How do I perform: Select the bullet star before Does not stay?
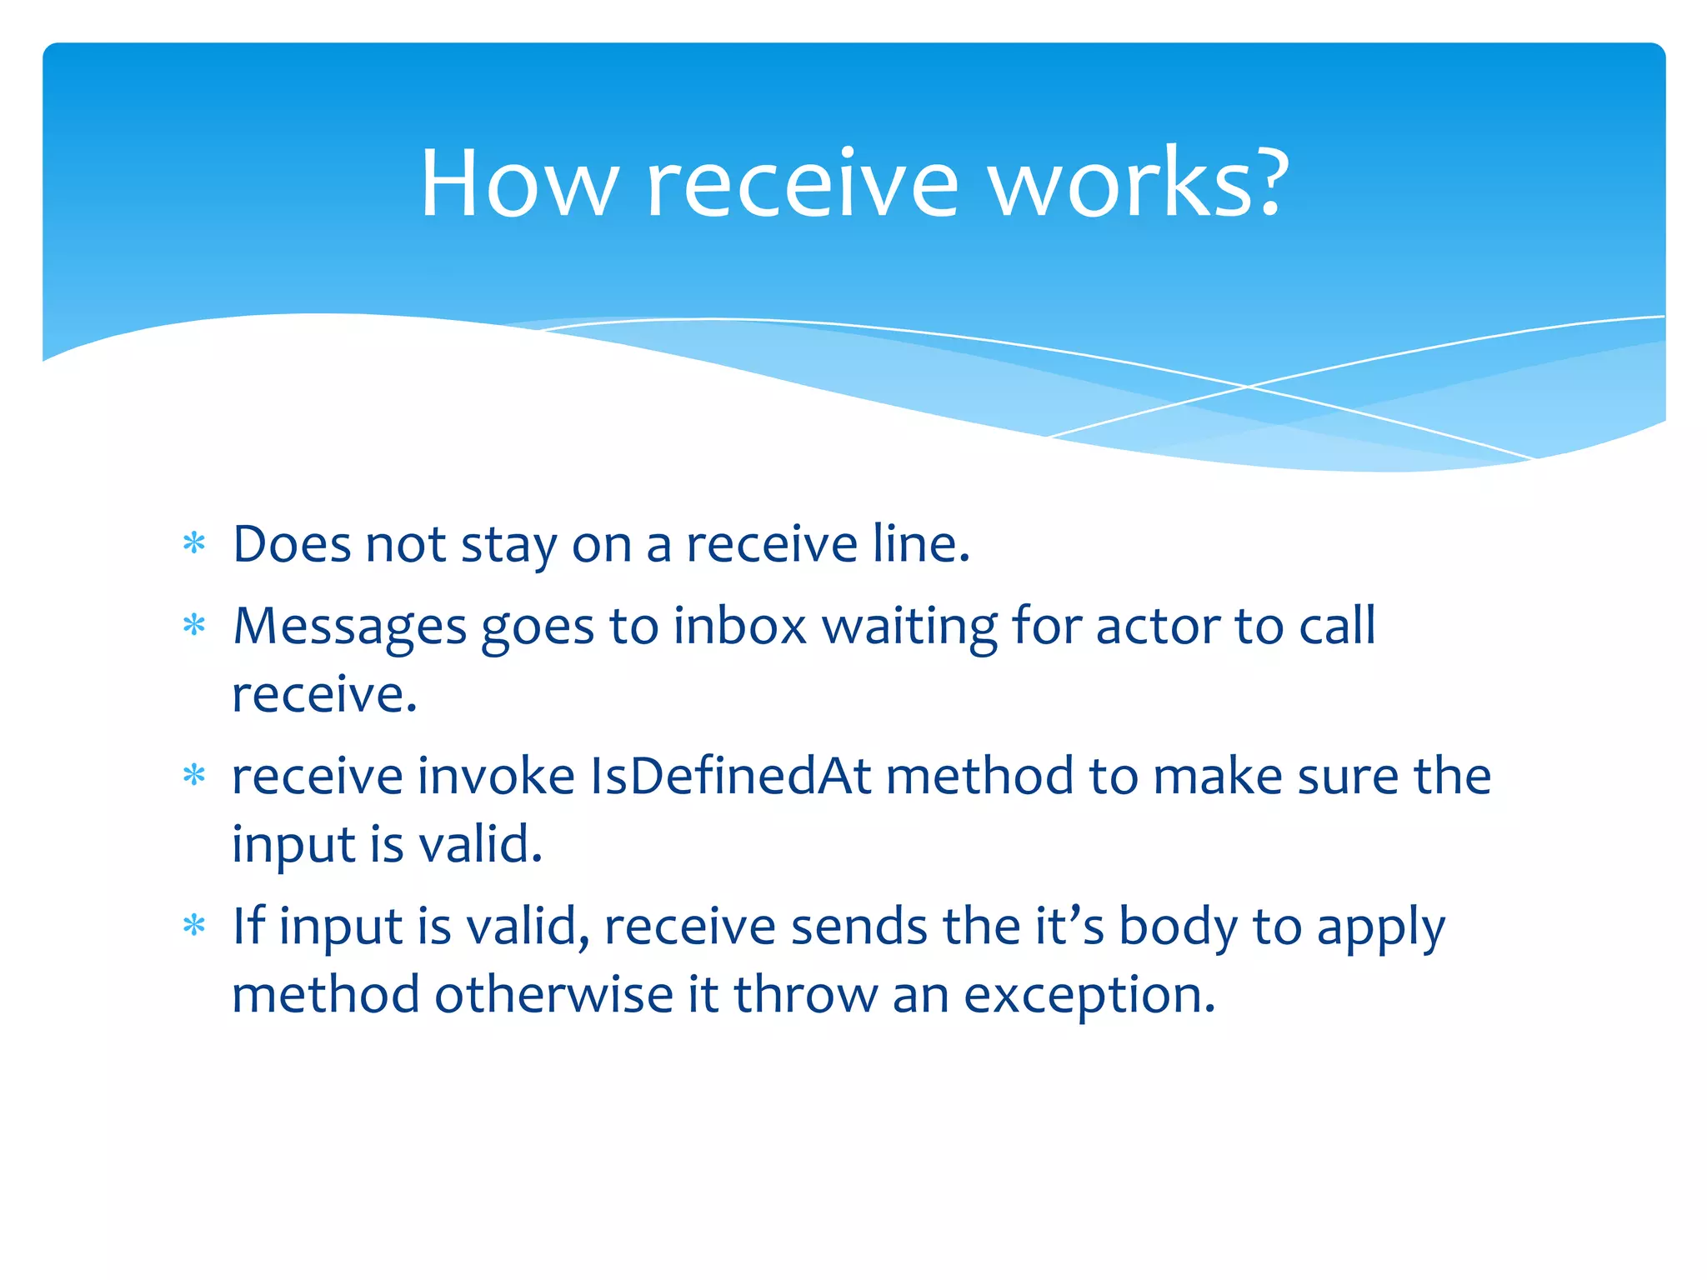click(x=194, y=544)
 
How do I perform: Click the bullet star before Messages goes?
click(x=194, y=625)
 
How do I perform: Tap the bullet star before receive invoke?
click(x=194, y=776)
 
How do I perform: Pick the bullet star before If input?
click(x=194, y=926)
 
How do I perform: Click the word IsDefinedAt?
click(x=730, y=776)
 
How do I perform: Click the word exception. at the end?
click(x=1089, y=995)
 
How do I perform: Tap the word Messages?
click(x=349, y=627)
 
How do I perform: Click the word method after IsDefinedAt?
click(x=979, y=776)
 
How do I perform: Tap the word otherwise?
click(x=553, y=995)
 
